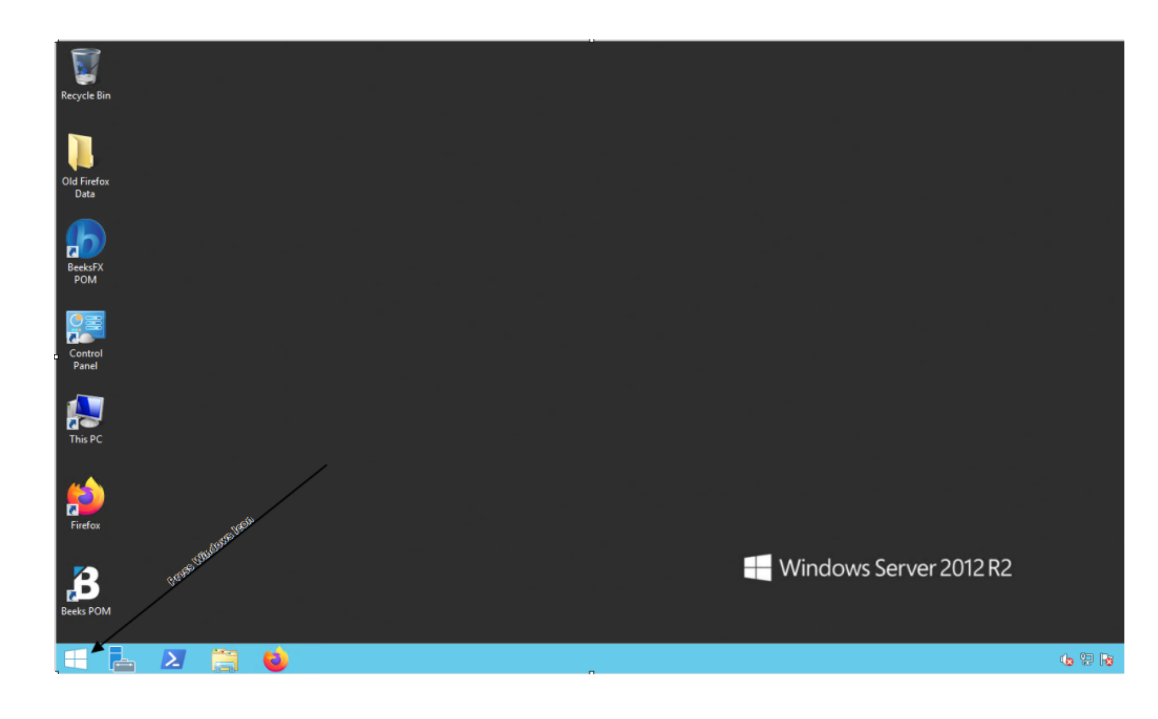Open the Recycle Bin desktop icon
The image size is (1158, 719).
pyautogui.click(x=85, y=67)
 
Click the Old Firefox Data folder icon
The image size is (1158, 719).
pyautogui.click(x=81, y=152)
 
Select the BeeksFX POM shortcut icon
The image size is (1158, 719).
pyautogui.click(x=86, y=238)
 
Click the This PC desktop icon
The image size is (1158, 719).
pyautogui.click(x=86, y=412)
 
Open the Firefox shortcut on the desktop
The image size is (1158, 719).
pyautogui.click(x=86, y=496)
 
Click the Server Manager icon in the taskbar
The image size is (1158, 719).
pyautogui.click(x=122, y=659)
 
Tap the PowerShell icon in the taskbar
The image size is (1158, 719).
pyautogui.click(x=173, y=659)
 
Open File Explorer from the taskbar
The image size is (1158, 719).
pyautogui.click(x=225, y=660)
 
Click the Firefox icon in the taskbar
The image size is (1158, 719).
pyautogui.click(x=276, y=659)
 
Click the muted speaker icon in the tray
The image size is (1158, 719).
pyautogui.click(x=1067, y=660)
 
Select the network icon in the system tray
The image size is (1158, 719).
pyautogui.click(x=1087, y=659)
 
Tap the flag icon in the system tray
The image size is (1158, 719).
pyautogui.click(x=1106, y=660)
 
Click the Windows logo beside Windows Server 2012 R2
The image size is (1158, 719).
pyautogui.click(x=757, y=567)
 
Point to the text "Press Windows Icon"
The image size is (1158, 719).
pyautogui.click(x=210, y=550)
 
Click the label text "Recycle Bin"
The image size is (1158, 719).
pyautogui.click(x=86, y=95)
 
